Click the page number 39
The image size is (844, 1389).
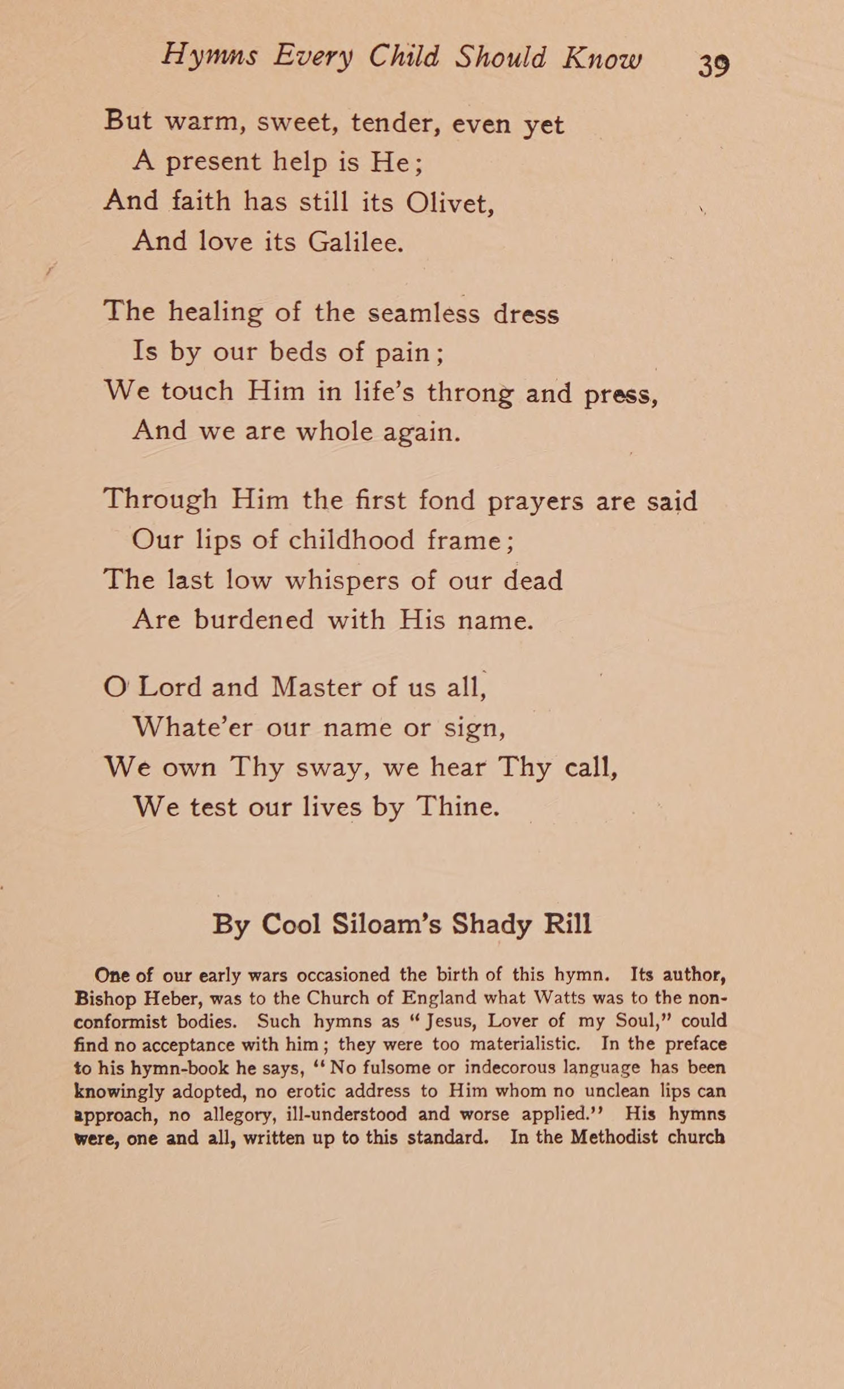714,66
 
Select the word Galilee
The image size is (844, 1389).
355,242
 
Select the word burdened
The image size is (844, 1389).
253,619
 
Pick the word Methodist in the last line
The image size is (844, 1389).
614,1137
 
